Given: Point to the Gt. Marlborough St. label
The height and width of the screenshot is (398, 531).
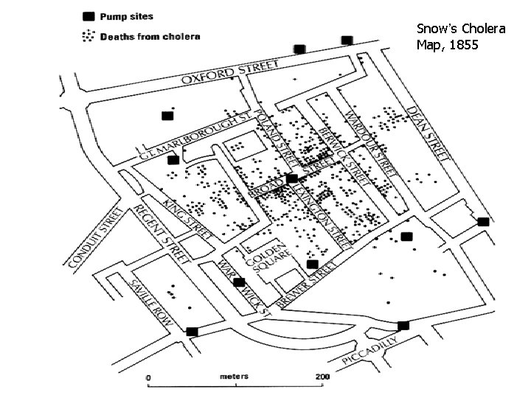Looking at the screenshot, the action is click(x=195, y=135).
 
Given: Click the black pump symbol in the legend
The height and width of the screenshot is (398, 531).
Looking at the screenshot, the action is click(x=89, y=15).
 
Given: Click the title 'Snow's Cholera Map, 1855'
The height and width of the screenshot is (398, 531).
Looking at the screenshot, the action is click(x=460, y=37).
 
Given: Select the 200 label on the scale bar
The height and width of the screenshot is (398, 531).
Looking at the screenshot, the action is click(x=322, y=377).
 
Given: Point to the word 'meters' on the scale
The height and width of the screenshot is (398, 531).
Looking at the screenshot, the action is click(x=235, y=376).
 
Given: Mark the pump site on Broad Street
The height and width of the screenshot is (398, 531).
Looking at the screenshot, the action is click(x=292, y=178).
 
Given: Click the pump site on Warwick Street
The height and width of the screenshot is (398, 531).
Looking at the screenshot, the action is click(x=239, y=282).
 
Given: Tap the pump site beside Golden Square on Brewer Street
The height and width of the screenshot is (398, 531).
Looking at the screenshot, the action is click(x=312, y=264).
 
